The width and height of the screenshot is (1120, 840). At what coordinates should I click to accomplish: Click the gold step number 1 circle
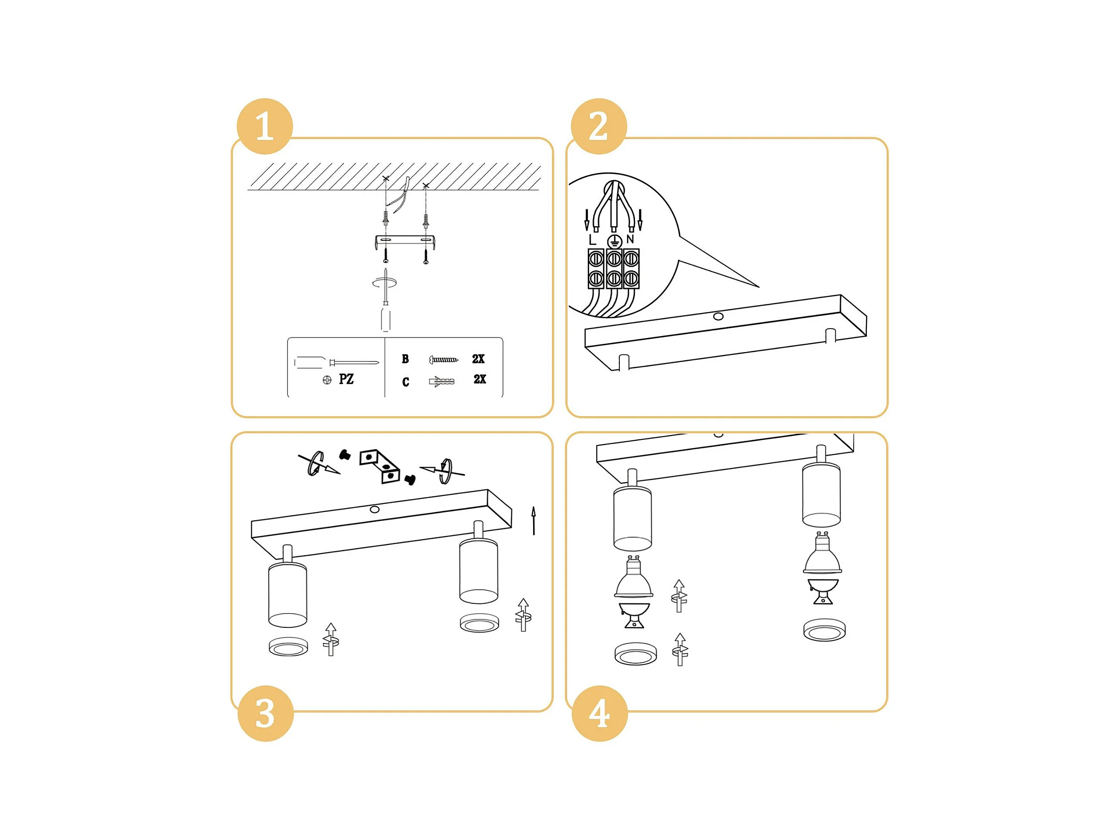(265, 126)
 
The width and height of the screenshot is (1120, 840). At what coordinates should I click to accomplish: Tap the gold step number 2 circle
(599, 126)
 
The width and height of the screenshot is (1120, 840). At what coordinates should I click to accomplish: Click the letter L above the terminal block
(593, 239)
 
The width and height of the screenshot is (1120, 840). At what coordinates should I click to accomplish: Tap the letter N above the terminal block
(630, 239)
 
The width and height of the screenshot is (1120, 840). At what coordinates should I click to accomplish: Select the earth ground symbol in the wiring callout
(614, 241)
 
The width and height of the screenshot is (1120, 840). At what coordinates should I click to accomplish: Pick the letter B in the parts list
(405, 359)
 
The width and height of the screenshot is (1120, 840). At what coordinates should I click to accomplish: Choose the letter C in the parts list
(405, 382)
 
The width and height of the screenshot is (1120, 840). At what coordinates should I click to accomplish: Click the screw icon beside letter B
(444, 360)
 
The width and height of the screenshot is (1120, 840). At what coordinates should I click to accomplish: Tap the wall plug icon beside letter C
(442, 381)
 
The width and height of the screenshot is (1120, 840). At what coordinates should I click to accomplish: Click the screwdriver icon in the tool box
(336, 362)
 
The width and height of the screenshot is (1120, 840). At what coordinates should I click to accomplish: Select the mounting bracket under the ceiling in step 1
(405, 241)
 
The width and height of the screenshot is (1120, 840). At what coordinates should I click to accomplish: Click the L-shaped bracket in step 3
(380, 466)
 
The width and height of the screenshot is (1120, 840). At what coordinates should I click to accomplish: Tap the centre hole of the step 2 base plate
(718, 316)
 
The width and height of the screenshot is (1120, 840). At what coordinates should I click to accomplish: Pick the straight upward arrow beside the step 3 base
(533, 520)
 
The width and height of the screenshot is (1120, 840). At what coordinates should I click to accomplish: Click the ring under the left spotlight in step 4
(636, 653)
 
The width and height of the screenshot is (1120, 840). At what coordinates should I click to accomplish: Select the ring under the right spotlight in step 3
(479, 623)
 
